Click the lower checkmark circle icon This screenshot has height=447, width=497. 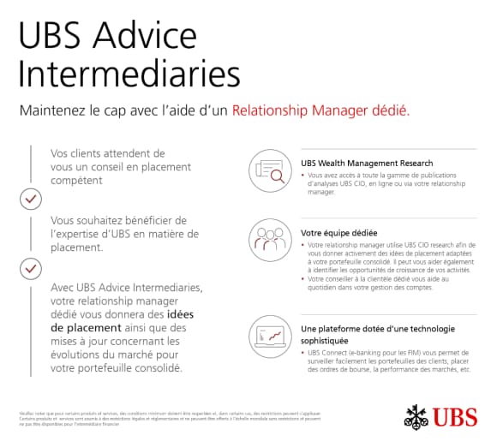coord(31,269)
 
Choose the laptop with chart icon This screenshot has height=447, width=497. coord(269,335)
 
